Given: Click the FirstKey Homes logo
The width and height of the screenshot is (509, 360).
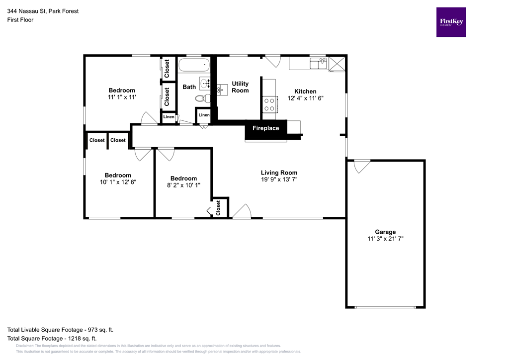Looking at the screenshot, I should [451, 22].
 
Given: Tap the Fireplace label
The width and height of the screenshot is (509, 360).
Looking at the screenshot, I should [265, 128].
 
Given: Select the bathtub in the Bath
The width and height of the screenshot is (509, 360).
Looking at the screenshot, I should [194, 65].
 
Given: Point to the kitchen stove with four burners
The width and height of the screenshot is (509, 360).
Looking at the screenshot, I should [269, 104].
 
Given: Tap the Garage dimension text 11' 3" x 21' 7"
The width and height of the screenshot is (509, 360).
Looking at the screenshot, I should [385, 239].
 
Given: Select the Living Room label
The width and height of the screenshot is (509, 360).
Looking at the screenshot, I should [279, 173].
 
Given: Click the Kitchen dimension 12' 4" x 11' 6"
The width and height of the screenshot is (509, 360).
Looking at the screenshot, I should [305, 98].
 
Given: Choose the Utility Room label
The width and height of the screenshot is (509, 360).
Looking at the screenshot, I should [240, 87].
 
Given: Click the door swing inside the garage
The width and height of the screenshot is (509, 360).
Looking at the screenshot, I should [361, 166].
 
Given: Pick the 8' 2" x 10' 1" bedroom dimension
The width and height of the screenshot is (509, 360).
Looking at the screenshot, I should [183, 185].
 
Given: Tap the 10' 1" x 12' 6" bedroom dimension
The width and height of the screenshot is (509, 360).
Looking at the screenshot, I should [118, 182].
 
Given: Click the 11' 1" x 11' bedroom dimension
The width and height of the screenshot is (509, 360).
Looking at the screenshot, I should [122, 97].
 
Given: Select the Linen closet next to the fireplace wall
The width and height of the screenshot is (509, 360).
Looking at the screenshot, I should [204, 115].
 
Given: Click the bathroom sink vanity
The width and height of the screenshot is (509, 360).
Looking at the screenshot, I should [205, 83].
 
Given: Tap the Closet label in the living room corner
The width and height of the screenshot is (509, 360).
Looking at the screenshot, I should [218, 208].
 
